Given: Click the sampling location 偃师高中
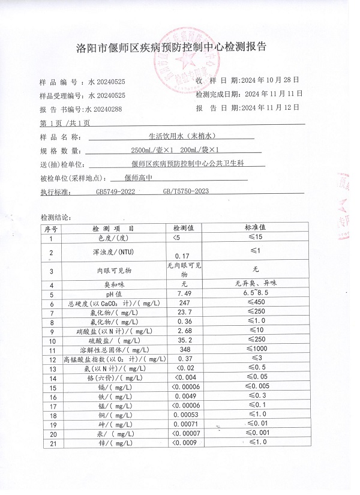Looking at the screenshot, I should click(137, 177).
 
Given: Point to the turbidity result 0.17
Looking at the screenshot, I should click(181, 256).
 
